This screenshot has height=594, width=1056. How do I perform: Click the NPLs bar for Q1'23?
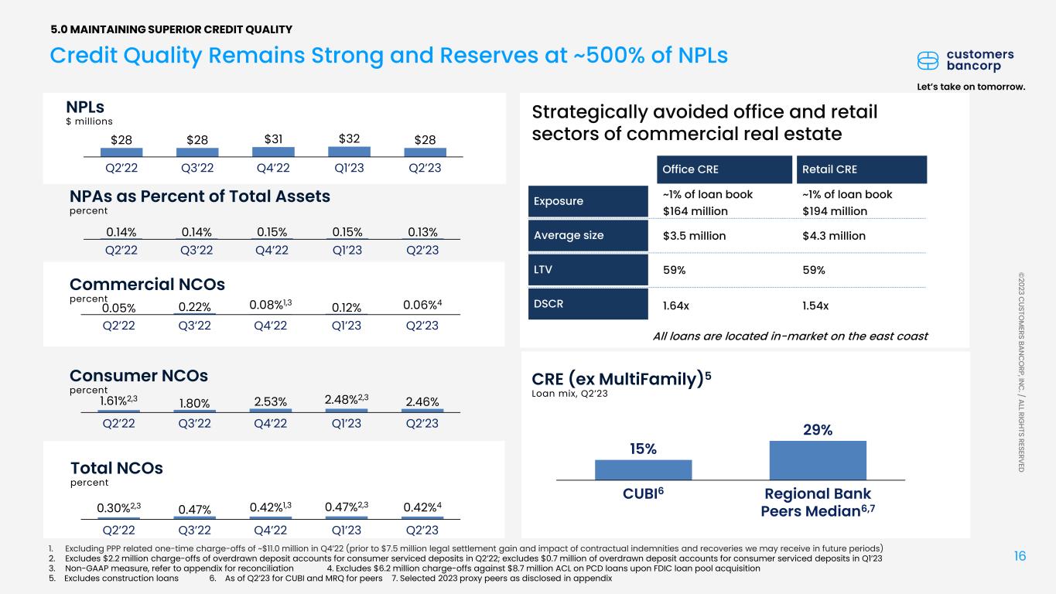point(349,152)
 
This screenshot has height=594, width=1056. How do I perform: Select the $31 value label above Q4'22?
point(273,139)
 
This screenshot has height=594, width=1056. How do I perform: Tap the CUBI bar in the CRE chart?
point(643,470)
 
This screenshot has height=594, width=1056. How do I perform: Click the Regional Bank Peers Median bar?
point(818,461)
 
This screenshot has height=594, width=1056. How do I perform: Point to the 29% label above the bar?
point(818,429)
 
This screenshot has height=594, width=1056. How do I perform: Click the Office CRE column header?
point(724,169)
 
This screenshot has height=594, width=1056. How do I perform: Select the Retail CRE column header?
point(862,169)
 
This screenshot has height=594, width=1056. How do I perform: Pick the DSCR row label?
point(588,304)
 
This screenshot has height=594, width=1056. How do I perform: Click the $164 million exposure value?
point(695,211)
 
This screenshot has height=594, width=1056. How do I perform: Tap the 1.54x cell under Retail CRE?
point(815,306)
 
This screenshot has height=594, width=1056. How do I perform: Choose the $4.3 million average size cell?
point(834,236)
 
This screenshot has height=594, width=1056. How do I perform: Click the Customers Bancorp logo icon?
point(928,60)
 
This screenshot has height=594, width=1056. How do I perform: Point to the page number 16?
point(1020,556)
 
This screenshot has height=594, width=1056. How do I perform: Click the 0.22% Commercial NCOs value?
point(194,307)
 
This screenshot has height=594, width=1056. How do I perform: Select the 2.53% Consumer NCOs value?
point(271,401)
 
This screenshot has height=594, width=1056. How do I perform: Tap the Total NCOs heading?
point(117,468)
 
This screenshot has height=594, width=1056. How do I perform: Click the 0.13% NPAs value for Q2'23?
point(422,232)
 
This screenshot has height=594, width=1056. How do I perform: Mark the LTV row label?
point(588,270)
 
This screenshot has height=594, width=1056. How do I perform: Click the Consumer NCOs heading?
point(138,375)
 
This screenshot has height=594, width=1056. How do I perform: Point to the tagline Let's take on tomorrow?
point(971,87)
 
